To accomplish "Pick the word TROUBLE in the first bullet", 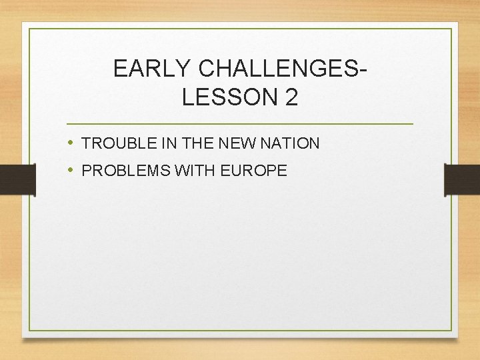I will (x=113, y=143).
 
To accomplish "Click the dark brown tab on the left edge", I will (x=17, y=180).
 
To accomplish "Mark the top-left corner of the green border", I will (x=29, y=29).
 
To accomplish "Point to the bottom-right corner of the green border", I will (x=451, y=331).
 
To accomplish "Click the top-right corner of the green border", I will (x=451, y=29).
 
